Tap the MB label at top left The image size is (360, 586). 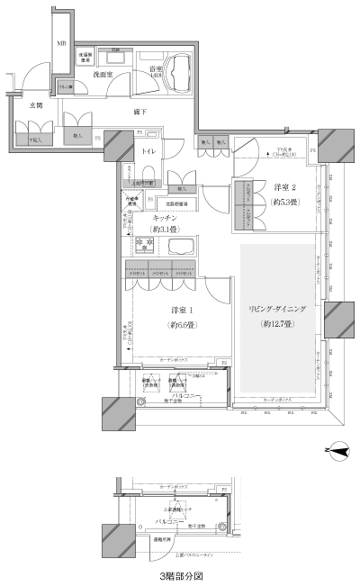(x=62, y=43)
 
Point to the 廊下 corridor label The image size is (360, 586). (x=139, y=112)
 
